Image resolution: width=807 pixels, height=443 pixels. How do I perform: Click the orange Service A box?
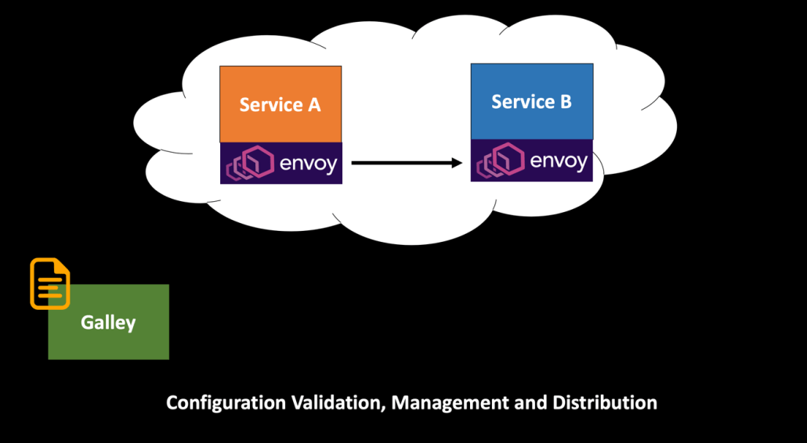tap(280, 104)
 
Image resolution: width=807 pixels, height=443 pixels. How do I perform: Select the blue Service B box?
tap(531, 102)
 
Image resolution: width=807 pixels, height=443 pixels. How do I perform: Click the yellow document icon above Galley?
tap(49, 283)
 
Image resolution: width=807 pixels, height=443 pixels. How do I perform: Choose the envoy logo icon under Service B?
tap(500, 161)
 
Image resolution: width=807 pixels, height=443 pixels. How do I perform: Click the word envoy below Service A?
tap(308, 164)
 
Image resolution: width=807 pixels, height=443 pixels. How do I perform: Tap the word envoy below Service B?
tap(559, 161)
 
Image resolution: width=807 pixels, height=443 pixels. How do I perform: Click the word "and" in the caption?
tap(530, 403)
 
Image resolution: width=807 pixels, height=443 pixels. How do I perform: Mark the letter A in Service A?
tap(313, 104)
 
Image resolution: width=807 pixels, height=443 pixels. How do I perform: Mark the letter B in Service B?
tap(565, 102)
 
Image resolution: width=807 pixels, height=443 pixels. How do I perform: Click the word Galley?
tap(108, 322)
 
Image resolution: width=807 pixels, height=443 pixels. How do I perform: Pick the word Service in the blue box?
tap(523, 102)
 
